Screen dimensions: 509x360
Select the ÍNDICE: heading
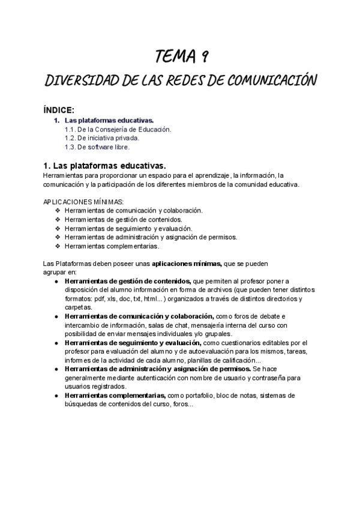pyautogui.click(x=59, y=110)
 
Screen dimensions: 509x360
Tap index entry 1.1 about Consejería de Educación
pyautogui.click(x=118, y=129)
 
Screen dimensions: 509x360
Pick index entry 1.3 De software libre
pyautogui.click(x=97, y=146)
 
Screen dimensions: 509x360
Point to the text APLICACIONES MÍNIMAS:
pyautogui.click(x=84, y=202)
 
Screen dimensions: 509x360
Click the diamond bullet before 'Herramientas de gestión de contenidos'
pyautogui.click(x=58, y=219)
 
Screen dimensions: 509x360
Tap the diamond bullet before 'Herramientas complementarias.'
pyautogui.click(x=58, y=245)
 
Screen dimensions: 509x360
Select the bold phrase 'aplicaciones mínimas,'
pyautogui.click(x=187, y=263)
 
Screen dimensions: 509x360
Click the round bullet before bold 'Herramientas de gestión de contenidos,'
pyautogui.click(x=56, y=280)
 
